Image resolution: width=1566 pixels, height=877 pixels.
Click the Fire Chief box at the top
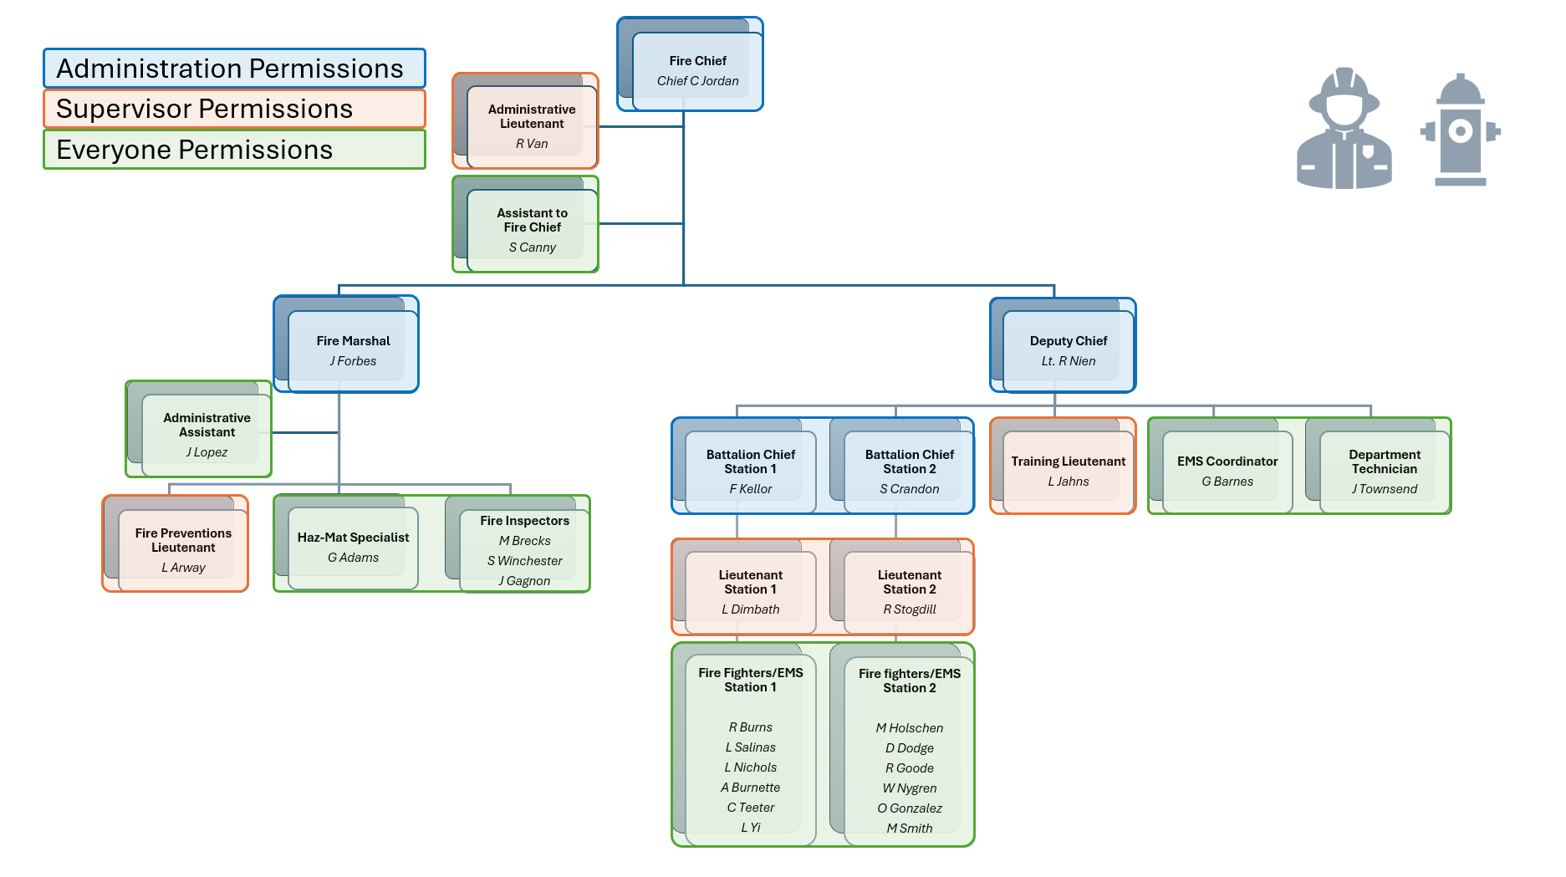pyautogui.click(x=697, y=71)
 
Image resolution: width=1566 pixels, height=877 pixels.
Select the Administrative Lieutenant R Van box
pyautogui.click(x=532, y=125)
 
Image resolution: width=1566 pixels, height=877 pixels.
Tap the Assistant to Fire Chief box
pyautogui.click(x=532, y=228)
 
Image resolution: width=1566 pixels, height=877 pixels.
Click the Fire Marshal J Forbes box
pyautogui.click(x=353, y=349)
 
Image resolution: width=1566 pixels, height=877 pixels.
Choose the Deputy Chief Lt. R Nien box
pyautogui.click(x=1068, y=349)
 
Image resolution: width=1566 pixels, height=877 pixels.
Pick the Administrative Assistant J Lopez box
pyautogui.click(x=206, y=434)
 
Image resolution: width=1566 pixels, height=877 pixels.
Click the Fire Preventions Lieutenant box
pyautogui.click(x=182, y=549)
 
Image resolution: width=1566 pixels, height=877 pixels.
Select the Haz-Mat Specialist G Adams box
pyautogui.click(x=353, y=547)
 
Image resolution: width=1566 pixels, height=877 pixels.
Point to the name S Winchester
pyautogui.click(x=524, y=561)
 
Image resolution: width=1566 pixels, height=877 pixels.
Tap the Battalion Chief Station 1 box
pyautogui.click(x=750, y=471)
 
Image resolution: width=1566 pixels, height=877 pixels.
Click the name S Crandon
pyautogui.click(x=909, y=489)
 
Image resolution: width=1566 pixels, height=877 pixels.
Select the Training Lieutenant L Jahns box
pyautogui.click(x=1068, y=471)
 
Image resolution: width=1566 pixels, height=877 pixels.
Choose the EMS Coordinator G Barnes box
pyautogui.click(x=1227, y=471)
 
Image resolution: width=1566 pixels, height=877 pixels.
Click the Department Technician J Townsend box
pyautogui.click(x=1384, y=471)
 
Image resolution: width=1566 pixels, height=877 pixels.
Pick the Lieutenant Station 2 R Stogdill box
pyautogui.click(x=909, y=591)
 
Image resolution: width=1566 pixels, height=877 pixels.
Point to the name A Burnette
pyautogui.click(x=750, y=788)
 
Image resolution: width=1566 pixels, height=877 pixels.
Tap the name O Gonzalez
pyautogui.click(x=909, y=808)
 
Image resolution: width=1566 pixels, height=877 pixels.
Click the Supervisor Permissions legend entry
pyautogui.click(x=234, y=109)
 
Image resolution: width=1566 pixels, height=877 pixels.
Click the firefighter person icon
pyautogui.click(x=1344, y=130)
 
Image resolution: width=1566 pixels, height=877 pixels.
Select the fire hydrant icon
pyautogui.click(x=1460, y=130)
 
